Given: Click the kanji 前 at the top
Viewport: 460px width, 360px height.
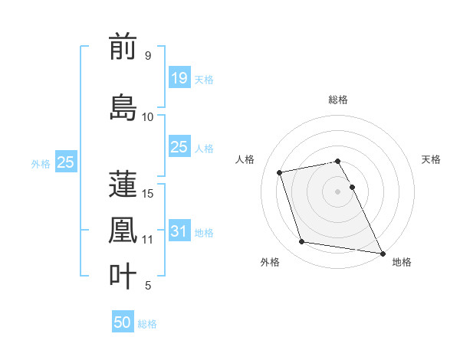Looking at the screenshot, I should (123, 47).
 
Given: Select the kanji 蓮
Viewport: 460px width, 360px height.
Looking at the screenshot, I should (123, 184).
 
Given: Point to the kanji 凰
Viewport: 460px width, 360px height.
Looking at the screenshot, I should (123, 230).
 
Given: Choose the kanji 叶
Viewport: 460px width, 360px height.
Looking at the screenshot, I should (123, 276).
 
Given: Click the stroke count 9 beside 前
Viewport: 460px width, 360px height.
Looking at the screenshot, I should (147, 56).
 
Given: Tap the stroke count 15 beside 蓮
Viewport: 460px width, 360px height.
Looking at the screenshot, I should (149, 193).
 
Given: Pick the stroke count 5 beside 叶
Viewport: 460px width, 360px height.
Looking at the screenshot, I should (147, 286).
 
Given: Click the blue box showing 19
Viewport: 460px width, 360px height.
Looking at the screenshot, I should (179, 77).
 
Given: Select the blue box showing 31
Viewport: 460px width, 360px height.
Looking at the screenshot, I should (179, 231).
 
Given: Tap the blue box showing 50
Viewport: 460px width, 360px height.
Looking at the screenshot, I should (123, 322).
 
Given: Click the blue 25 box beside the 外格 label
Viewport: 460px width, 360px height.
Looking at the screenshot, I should (65, 162).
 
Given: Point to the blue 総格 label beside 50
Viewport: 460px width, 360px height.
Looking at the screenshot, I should (147, 324).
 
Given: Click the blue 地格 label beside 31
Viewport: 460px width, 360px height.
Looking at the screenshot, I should (204, 233).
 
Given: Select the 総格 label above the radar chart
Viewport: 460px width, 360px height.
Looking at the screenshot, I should (338, 100).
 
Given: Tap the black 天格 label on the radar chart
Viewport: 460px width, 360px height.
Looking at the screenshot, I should (431, 159).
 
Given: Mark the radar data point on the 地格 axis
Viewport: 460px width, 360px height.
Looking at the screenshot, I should (382, 253).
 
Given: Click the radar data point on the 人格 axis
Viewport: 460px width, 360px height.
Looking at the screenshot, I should (280, 172).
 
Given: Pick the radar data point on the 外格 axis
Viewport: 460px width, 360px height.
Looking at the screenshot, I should (302, 242).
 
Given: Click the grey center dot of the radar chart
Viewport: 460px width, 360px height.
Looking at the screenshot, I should (338, 191).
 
